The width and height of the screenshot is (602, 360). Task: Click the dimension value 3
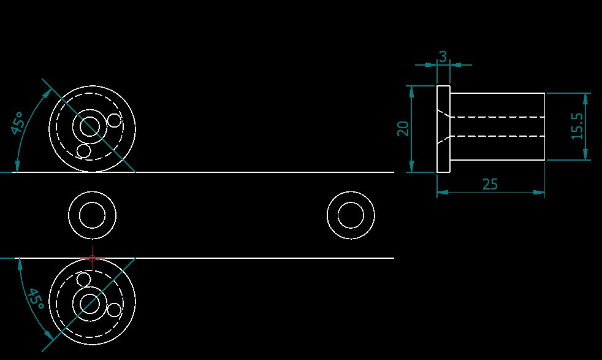(443, 56)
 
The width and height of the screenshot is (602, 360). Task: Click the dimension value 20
(403, 129)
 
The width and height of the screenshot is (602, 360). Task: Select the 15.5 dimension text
(577, 126)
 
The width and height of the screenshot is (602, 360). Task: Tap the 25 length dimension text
(490, 184)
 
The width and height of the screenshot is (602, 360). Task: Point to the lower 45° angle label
(34, 298)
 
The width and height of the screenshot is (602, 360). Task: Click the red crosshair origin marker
(92, 258)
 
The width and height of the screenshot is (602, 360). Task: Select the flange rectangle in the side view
(443, 129)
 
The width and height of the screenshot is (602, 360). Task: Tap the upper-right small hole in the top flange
(114, 120)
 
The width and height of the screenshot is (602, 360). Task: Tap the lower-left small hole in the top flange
(83, 150)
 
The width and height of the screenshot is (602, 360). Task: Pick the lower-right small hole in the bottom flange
(114, 310)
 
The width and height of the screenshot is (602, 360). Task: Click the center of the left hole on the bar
(92, 216)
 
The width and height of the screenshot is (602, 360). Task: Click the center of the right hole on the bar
(351, 216)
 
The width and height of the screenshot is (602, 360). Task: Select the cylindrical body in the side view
(497, 126)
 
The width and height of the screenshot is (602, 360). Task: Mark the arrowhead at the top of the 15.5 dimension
(586, 97)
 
